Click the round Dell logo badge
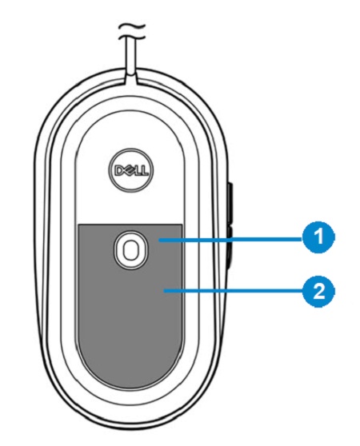[130, 170]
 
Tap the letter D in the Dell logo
[118, 170]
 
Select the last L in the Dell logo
[144, 171]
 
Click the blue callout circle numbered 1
[318, 237]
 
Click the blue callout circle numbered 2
[318, 291]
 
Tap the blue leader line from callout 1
[230, 240]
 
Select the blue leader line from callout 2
[233, 290]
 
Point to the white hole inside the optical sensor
[130, 249]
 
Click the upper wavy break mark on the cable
[132, 27]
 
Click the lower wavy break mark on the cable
[132, 37]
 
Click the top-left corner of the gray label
[78, 224]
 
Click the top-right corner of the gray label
[182, 224]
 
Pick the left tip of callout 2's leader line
[164, 290]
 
